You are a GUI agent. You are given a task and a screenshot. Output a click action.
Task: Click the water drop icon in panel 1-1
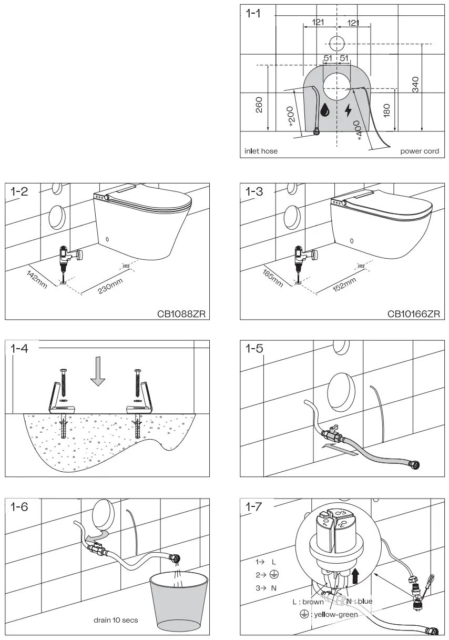[326, 109]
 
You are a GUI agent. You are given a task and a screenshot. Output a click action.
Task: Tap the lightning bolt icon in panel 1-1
[348, 110]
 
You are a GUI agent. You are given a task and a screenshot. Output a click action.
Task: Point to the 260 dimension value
[259, 105]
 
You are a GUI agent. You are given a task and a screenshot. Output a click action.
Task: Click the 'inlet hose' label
[261, 151]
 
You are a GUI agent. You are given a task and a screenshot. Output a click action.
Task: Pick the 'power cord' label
[419, 151]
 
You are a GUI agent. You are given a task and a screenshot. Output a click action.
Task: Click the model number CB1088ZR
[181, 314]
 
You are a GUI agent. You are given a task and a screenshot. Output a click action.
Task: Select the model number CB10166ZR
[414, 314]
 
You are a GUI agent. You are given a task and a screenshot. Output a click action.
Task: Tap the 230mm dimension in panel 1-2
[110, 287]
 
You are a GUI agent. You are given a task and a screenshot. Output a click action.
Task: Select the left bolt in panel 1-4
[63, 388]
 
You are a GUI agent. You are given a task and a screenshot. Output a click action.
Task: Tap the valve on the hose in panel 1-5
[331, 433]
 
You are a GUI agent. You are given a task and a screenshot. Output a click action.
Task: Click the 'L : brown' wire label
[308, 602]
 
